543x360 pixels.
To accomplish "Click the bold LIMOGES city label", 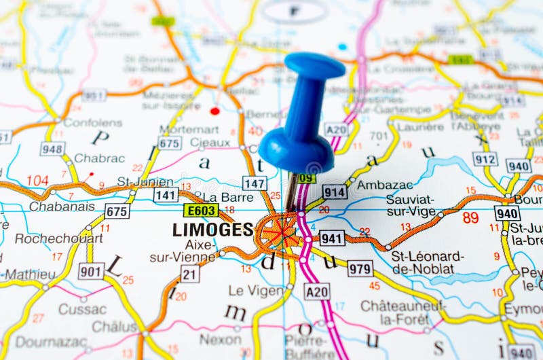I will click(212, 230).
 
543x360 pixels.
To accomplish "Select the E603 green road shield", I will click(201, 211).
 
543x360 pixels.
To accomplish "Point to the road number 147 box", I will click(255, 183).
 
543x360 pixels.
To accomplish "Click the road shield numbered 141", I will click(166, 195).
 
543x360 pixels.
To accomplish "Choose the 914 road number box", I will click(335, 192).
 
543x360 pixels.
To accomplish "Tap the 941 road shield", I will click(332, 238).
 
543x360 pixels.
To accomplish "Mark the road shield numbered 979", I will click(360, 268).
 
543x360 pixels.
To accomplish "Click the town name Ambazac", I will click(384, 185).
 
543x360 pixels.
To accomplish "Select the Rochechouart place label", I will click(59, 238).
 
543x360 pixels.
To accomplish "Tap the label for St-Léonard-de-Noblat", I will click(428, 262).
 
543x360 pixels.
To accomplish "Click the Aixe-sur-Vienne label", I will click(182, 251).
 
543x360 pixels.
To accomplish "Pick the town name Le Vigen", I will click(255, 290).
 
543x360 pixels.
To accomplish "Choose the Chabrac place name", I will click(99, 158).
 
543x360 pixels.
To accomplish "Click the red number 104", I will click(37, 181).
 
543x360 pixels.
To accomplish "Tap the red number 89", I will click(470, 218).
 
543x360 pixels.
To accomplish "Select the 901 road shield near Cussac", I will click(91, 271).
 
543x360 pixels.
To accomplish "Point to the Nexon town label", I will click(220, 338).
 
